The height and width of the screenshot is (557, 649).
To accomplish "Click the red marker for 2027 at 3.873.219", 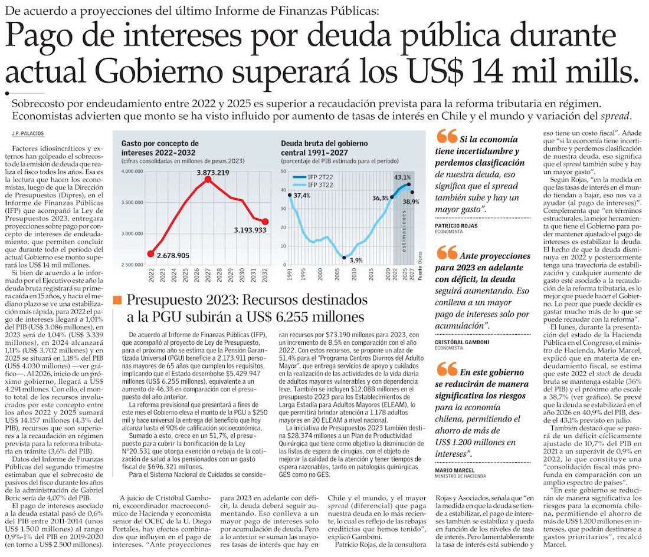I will click(208, 179).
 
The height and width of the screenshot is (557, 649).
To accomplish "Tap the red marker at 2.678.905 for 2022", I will click(150, 254).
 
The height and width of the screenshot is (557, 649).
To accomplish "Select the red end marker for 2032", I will click(265, 222).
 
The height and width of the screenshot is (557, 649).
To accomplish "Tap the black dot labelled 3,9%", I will click(344, 257).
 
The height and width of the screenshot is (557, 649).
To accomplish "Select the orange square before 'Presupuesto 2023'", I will click(117, 301).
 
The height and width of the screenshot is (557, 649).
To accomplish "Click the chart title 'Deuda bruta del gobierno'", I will click(324, 143).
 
